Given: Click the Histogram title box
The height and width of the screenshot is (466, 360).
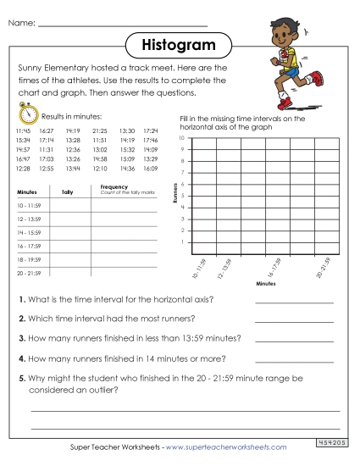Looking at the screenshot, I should [x=179, y=43].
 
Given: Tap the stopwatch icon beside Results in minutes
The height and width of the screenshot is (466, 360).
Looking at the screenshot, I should [x=25, y=114].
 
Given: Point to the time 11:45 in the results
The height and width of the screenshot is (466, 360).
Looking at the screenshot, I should [x=23, y=131].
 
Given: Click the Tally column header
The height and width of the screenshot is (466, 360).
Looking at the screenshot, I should [x=68, y=192].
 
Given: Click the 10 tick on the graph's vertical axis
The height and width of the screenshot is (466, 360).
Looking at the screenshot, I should [x=180, y=138].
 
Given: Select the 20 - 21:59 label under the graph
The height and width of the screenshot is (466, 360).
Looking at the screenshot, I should [x=321, y=267].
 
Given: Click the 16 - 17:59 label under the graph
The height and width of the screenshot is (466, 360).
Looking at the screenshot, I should [x=275, y=267].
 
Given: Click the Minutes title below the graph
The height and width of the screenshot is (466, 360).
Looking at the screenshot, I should [x=265, y=284].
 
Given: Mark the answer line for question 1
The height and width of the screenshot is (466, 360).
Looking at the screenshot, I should [x=294, y=301].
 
